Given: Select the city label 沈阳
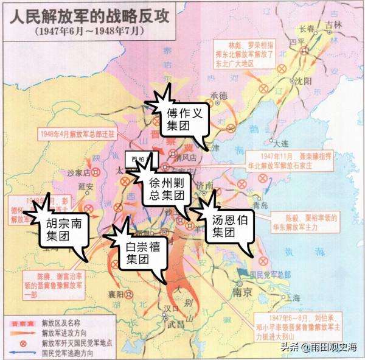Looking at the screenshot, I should [x=303, y=80].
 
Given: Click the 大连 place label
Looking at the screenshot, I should [x=281, y=144].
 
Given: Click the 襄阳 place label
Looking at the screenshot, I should [x=116, y=294].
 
